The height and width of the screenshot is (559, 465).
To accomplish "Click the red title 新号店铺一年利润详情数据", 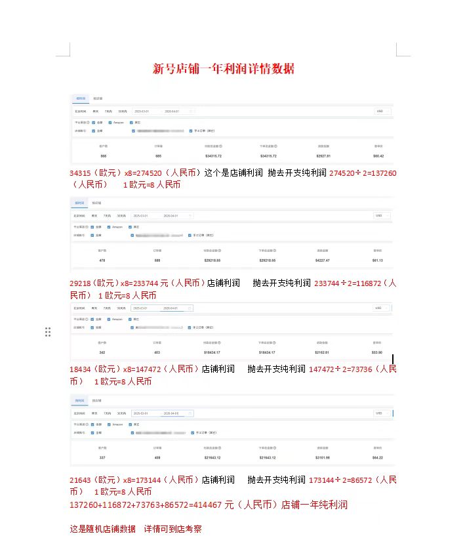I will tap(223, 68).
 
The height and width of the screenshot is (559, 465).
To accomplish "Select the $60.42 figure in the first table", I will tap(378, 155).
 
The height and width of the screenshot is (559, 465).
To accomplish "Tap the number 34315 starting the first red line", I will tap(81, 173).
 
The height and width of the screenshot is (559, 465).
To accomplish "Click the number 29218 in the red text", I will tap(81, 283).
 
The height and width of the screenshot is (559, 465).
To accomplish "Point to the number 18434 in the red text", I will tap(81, 369).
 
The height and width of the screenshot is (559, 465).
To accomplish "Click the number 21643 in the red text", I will tap(81, 480).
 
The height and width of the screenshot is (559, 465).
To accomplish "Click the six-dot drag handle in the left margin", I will tap(48, 332).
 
